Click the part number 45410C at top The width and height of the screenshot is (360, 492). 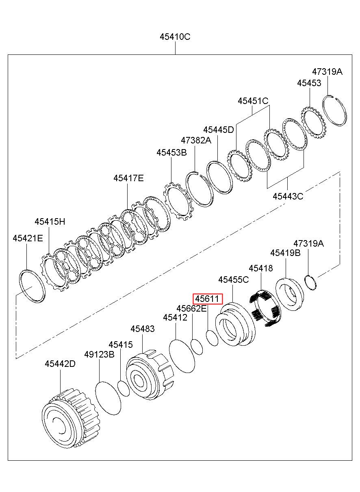(175, 37)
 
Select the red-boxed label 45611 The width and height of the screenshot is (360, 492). (208, 299)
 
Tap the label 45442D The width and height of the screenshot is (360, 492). (60, 364)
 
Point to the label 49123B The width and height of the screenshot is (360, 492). (100, 354)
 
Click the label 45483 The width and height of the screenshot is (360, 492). (143, 329)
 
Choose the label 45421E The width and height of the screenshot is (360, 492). (28, 238)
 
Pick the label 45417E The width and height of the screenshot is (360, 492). (128, 178)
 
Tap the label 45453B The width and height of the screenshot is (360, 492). (172, 152)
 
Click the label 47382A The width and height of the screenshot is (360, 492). (196, 140)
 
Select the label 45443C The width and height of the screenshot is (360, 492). (288, 196)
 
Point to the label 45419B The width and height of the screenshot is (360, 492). (286, 253)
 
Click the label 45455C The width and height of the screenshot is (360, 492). (233, 280)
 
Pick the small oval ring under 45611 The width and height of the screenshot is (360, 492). (212, 338)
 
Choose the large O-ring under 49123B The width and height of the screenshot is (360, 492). (108, 398)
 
